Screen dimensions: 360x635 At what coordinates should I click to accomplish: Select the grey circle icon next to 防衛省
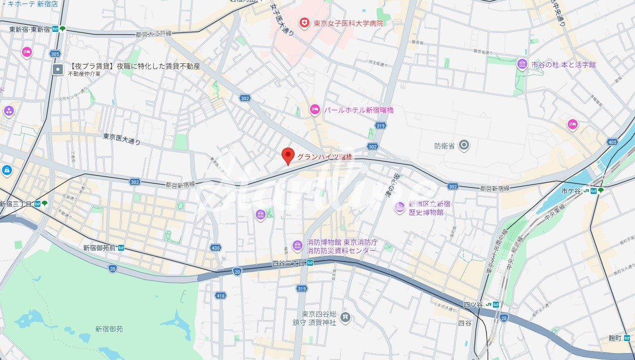[x=464, y=146]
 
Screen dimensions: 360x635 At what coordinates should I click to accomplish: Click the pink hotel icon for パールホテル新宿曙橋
[x=315, y=110]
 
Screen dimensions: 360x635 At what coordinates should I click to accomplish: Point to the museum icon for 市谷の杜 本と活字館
[x=522, y=64]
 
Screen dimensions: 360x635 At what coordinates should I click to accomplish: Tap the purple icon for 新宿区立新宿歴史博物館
[x=399, y=207]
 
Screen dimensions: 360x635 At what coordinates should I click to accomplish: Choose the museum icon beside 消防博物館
[x=298, y=246]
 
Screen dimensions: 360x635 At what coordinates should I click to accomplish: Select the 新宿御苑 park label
[x=109, y=329]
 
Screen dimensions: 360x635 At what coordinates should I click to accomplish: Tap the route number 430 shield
[x=215, y=248]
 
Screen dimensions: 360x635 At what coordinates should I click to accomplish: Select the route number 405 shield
[x=613, y=142]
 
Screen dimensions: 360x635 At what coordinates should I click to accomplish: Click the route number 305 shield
[x=55, y=54]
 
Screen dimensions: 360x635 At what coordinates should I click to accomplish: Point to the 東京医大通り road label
[x=122, y=139]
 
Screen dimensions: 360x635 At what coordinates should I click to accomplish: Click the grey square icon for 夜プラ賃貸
[x=58, y=69]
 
